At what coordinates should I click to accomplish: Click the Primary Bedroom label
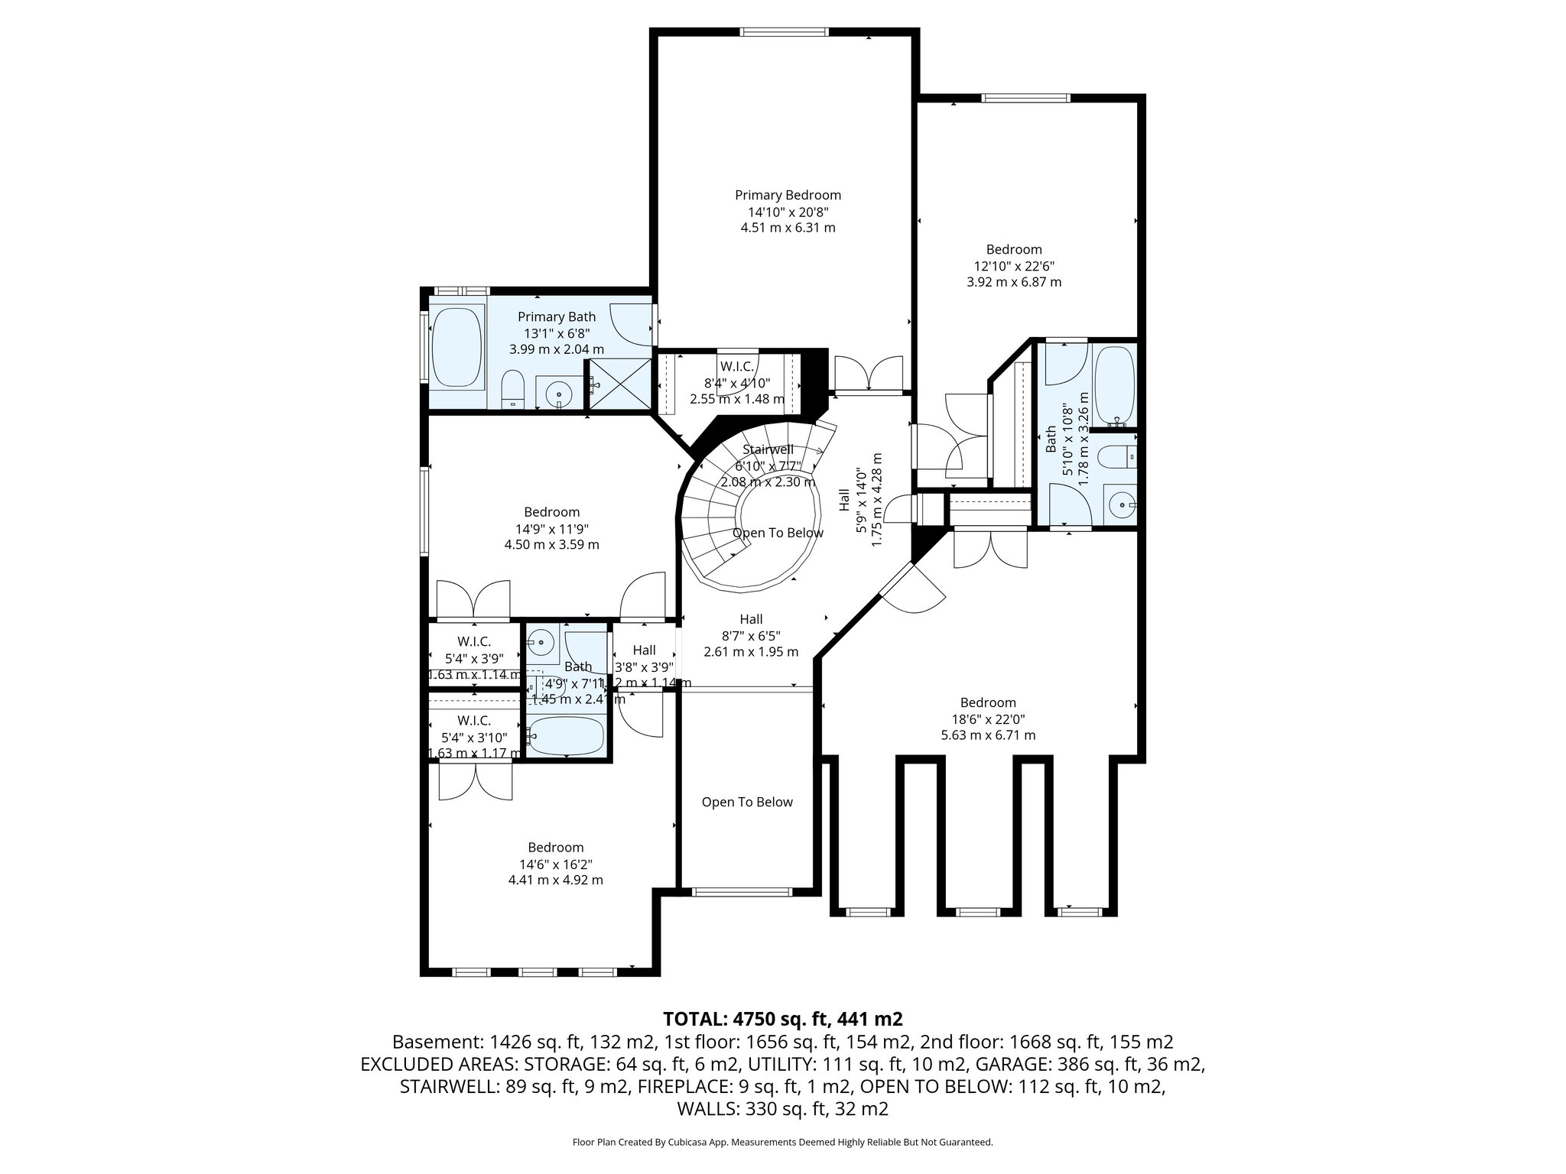(788, 195)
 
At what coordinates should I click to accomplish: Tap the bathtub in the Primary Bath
(456, 348)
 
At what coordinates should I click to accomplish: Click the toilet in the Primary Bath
(512, 390)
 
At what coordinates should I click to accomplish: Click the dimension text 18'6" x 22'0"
(988, 719)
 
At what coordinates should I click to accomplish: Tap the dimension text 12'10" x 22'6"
(1014, 265)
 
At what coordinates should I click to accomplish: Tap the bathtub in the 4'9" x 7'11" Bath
(567, 735)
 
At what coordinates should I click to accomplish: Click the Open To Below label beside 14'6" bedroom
(747, 802)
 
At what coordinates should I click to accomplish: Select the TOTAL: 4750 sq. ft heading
(783, 1019)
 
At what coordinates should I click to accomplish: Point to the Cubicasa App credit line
(782, 1142)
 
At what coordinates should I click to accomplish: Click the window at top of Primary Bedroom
(784, 32)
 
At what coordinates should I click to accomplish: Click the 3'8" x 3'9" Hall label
(644, 650)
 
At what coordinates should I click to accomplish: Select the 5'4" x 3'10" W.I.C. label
(474, 721)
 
